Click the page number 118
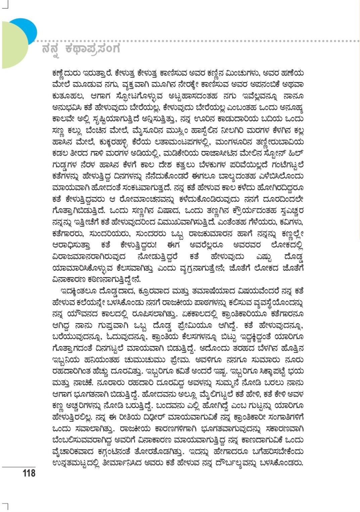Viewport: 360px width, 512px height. (29, 473)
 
